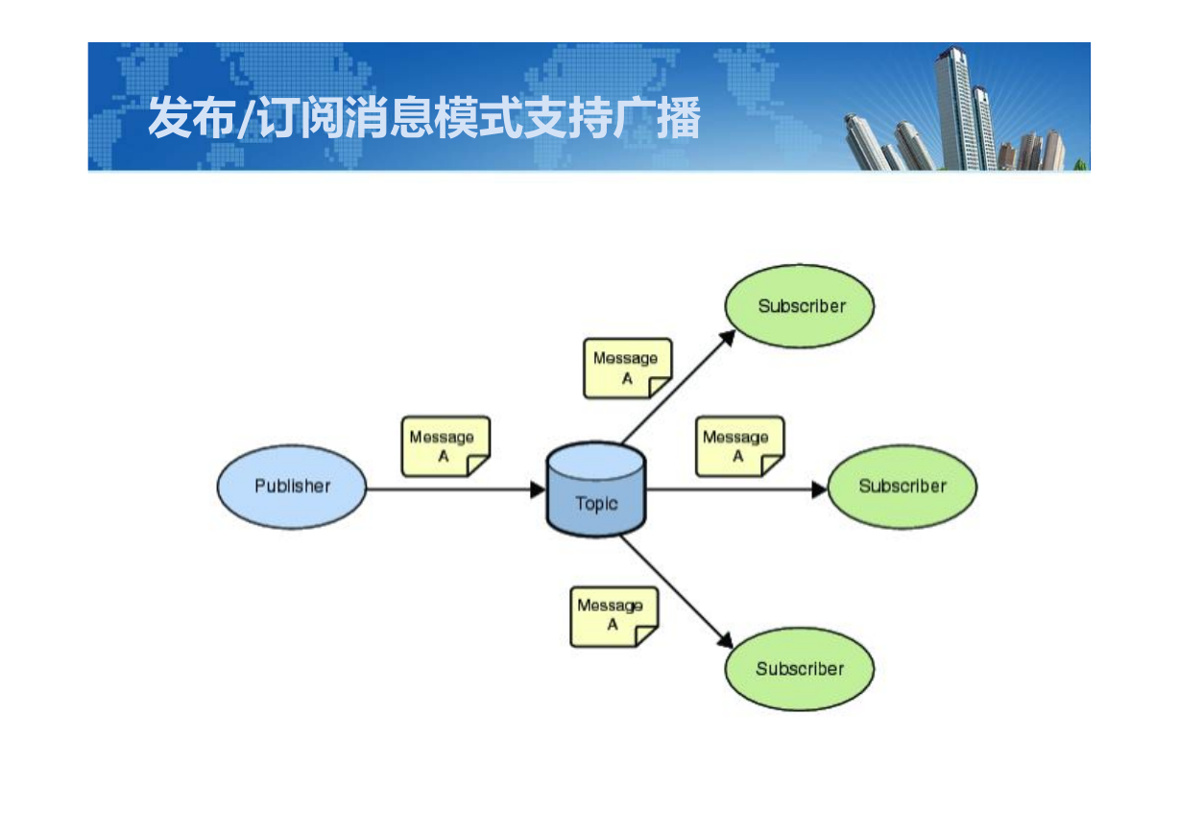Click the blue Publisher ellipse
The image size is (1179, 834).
point(292,487)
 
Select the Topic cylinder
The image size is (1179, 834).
point(596,489)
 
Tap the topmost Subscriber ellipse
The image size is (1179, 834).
point(800,306)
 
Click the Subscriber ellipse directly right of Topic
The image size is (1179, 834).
point(902,487)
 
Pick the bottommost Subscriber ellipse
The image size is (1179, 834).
point(800,669)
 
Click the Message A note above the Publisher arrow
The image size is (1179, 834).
point(445,446)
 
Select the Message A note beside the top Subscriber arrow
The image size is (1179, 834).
point(628,369)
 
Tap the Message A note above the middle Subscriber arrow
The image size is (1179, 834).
point(740,446)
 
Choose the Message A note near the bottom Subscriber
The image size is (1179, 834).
point(614,617)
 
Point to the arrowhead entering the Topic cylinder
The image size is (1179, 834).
point(538,489)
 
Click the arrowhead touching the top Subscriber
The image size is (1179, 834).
point(728,337)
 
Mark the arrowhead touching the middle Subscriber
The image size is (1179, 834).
point(820,489)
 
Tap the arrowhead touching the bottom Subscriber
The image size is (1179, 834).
point(726,640)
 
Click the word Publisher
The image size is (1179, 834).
point(293,486)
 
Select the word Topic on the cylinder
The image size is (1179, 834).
point(596,504)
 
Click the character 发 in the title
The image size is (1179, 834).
point(170,117)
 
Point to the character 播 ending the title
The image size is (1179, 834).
point(679,117)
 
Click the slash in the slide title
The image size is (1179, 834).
point(247,117)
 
